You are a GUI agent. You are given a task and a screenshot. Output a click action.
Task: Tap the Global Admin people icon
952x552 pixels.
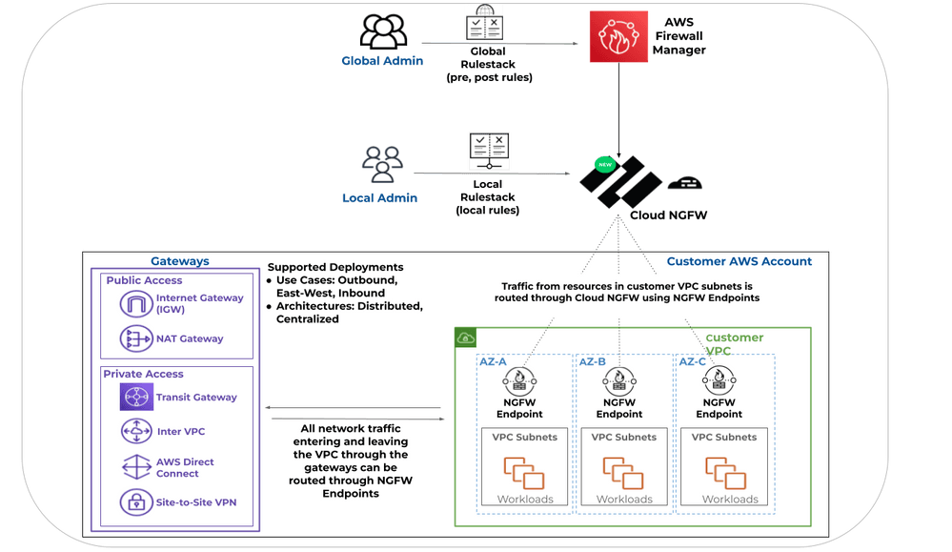(383, 31)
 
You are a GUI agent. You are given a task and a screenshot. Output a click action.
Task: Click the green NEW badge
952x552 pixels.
(603, 164)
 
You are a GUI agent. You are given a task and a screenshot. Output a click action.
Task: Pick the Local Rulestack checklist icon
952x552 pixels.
(488, 153)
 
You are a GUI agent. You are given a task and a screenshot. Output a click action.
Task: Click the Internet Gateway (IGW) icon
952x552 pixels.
(136, 304)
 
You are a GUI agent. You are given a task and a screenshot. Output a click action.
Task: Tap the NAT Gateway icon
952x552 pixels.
(136, 338)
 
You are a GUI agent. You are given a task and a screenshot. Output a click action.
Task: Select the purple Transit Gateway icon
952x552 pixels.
(136, 398)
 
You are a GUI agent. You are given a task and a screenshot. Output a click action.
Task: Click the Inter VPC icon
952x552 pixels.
(136, 432)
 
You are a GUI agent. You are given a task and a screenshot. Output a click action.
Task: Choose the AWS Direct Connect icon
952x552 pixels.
(136, 467)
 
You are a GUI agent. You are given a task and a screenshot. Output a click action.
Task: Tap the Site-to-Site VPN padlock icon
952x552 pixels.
(136, 501)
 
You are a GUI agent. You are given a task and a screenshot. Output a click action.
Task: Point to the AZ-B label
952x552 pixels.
(593, 361)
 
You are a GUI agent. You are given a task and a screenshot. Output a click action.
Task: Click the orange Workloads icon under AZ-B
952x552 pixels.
(624, 474)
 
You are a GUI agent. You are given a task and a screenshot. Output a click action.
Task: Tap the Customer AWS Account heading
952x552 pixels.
(739, 261)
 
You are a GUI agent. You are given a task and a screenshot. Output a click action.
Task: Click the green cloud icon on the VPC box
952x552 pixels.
(467, 338)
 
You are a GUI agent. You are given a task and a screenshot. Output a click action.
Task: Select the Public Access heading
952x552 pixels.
(144, 280)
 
